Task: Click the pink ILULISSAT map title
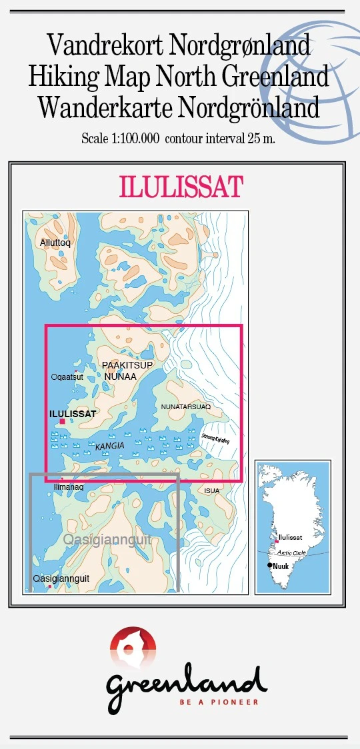[x=180, y=188]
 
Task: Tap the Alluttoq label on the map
[x=55, y=243]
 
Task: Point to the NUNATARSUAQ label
[x=186, y=406]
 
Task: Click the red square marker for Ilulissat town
[x=62, y=421]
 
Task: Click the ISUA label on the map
[x=212, y=491]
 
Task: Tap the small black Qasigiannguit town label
[x=61, y=579]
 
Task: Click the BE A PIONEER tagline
[x=219, y=702]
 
